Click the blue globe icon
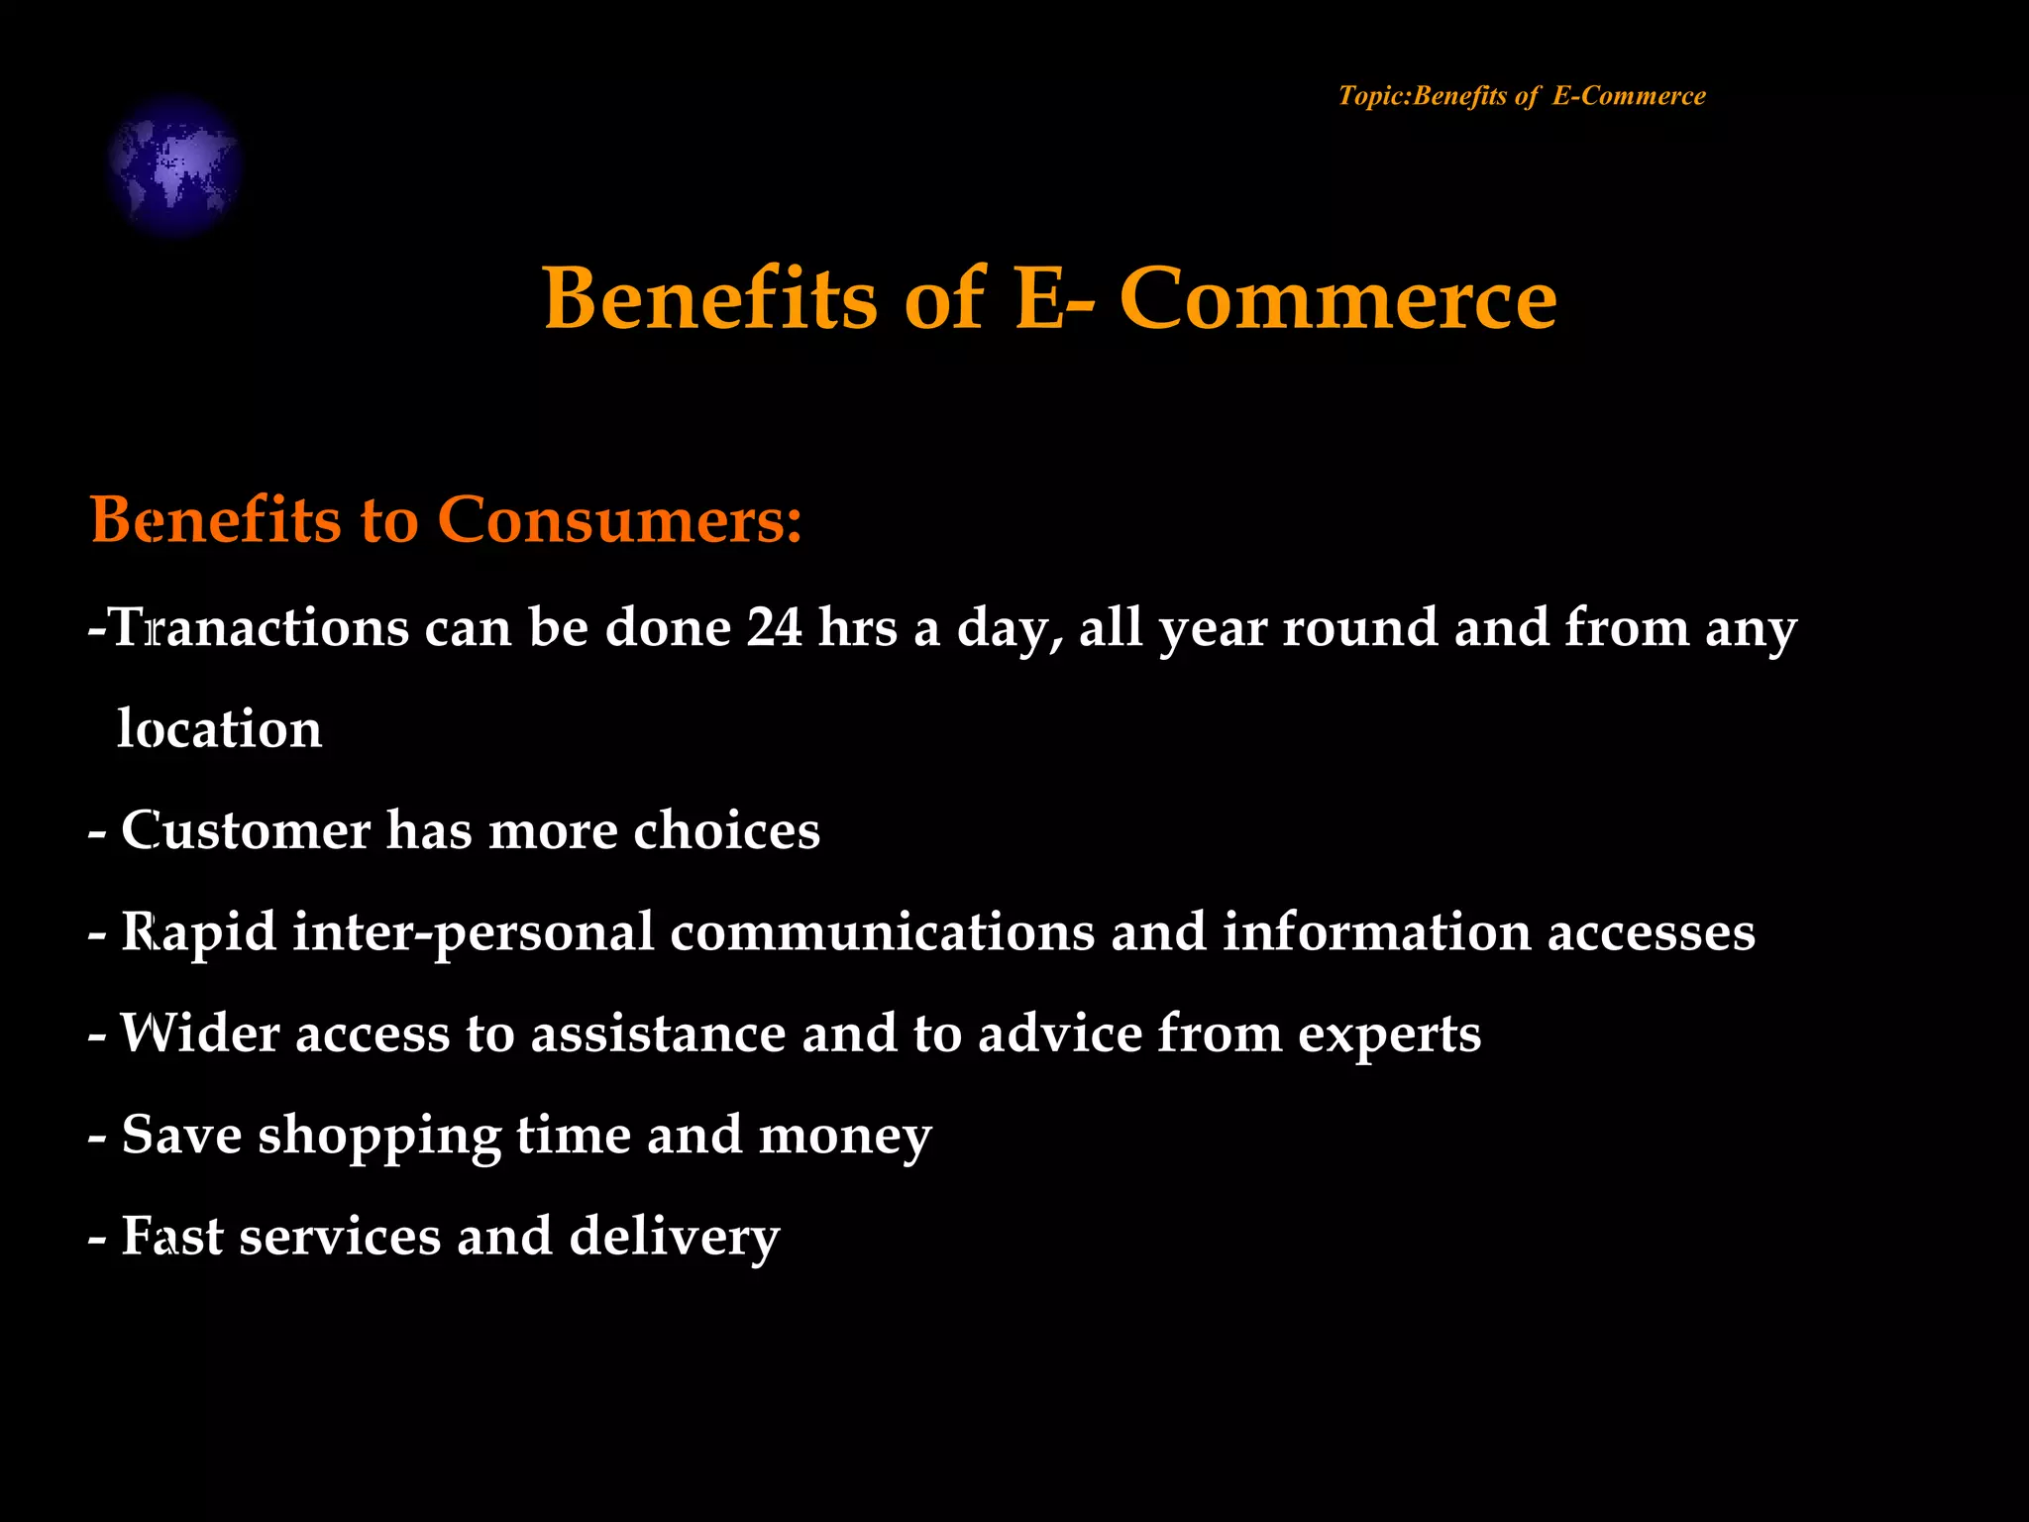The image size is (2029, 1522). (174, 165)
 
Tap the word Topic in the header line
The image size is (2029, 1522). (1371, 96)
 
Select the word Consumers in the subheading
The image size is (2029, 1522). (619, 519)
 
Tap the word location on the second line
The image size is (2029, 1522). (219, 729)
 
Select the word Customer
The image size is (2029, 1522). (245, 830)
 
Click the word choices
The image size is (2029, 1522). (726, 830)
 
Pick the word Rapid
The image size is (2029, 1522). (198, 932)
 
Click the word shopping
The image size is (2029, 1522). (379, 1137)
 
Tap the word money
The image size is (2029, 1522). (844, 1137)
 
